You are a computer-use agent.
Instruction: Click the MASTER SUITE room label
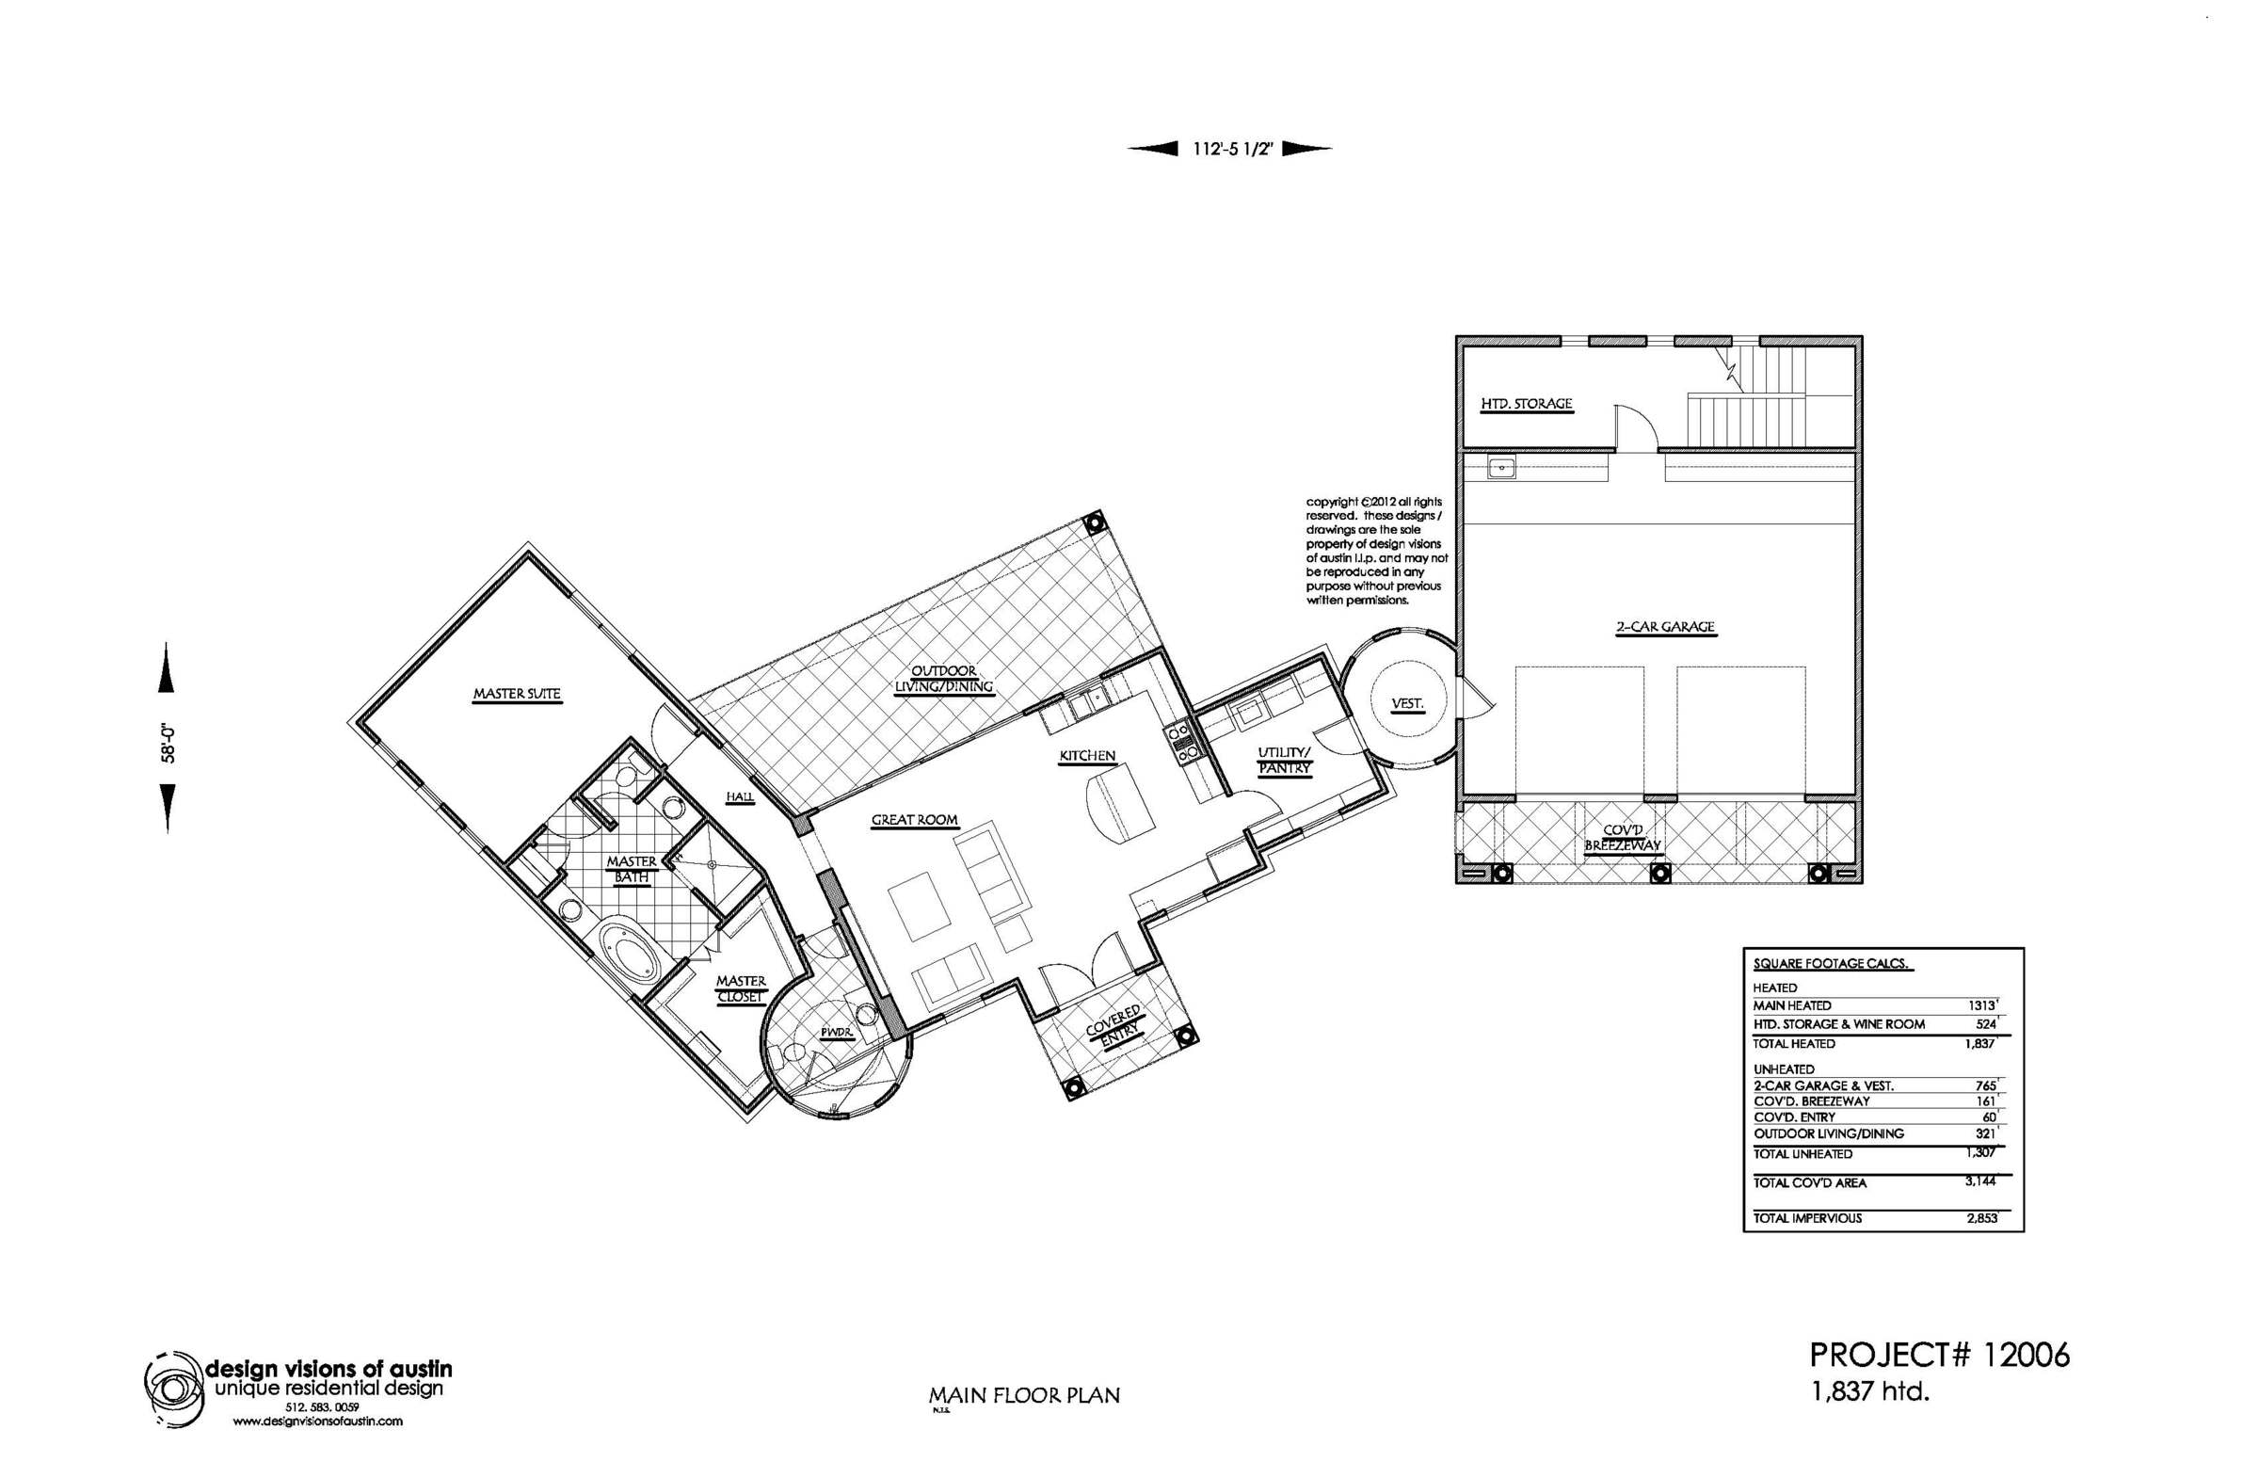point(518,694)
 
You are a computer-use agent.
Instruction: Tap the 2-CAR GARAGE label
point(1666,627)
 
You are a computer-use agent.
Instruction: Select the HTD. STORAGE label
point(1527,404)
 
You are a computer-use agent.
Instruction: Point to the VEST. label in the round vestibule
point(1406,703)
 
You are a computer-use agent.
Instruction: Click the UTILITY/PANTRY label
point(1284,761)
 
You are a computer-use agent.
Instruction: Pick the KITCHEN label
point(1088,756)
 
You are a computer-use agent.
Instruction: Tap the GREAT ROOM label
point(915,819)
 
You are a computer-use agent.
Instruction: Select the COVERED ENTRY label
point(1114,1026)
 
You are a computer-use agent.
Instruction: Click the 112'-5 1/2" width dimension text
point(1231,149)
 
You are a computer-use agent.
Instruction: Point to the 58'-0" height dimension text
point(168,743)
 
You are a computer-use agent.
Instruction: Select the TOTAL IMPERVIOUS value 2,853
point(1982,1217)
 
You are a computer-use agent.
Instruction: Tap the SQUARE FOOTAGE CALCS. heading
point(1832,964)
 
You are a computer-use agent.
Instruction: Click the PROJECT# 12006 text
point(1940,1355)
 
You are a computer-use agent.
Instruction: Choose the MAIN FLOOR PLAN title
point(1024,1394)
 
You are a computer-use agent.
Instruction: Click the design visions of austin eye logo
point(174,1389)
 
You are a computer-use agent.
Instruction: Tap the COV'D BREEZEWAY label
point(1622,837)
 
